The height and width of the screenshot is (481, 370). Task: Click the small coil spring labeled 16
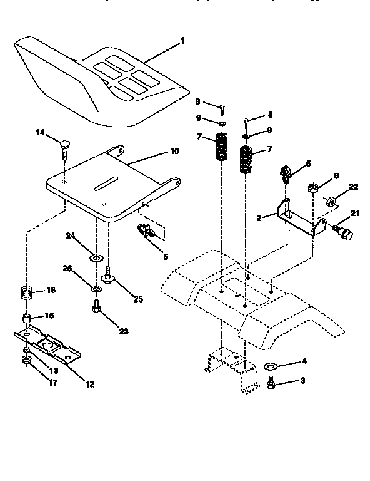tap(24, 292)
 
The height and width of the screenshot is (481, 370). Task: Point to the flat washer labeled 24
tap(96, 257)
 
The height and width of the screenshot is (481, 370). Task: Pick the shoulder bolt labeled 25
tap(109, 274)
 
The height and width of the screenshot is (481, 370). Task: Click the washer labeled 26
tap(96, 289)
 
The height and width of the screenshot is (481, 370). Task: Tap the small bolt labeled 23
tap(97, 307)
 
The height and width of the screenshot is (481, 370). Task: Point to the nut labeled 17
tap(27, 361)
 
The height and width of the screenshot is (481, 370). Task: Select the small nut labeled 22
tap(332, 201)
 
